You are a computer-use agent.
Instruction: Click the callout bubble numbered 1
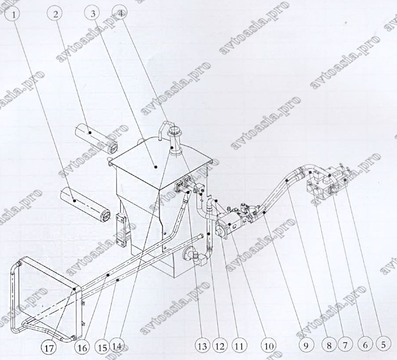[14, 14]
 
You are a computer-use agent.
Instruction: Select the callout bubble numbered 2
[56, 14]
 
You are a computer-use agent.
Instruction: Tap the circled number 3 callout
[93, 14]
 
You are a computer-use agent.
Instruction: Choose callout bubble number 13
[202, 346]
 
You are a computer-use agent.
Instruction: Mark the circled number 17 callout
[49, 349]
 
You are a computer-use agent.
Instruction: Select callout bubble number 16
[82, 348]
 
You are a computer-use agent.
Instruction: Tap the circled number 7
[346, 345]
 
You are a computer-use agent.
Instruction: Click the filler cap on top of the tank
[175, 141]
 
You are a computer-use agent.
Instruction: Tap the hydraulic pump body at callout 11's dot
[229, 225]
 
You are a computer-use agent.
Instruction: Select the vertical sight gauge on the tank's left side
[122, 230]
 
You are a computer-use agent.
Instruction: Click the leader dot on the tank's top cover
[156, 167]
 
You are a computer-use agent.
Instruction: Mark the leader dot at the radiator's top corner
[74, 289]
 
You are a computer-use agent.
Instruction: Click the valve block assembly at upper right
[327, 182]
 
